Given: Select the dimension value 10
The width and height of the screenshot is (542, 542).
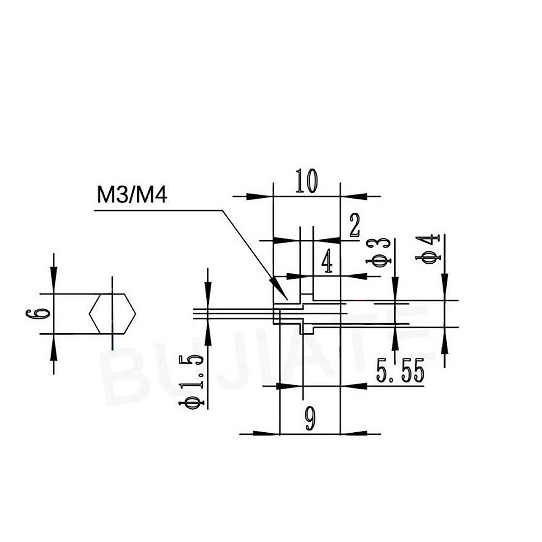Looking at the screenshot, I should point(307,181).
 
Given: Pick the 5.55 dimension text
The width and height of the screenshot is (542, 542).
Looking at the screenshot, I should point(400,373).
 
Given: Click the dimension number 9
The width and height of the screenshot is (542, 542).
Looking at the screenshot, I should point(309,419).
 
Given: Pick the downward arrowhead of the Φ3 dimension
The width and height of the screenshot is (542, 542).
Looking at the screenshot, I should point(395,291).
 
